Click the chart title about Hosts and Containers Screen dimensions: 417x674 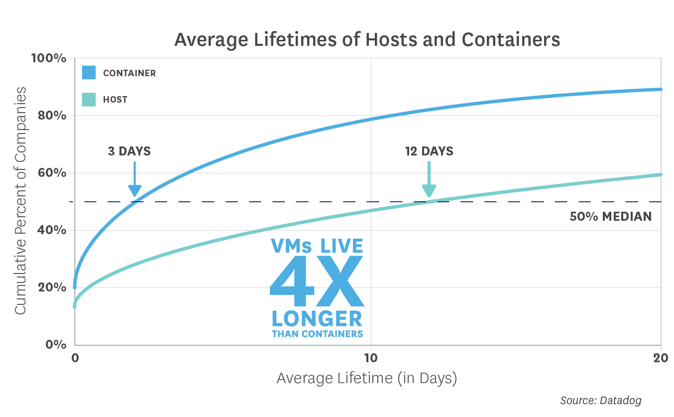[367, 39]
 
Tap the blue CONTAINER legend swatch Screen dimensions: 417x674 [89, 73]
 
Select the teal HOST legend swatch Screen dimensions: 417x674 [89, 99]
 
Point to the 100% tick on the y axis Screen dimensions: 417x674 [49, 58]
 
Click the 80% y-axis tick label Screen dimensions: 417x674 [52, 116]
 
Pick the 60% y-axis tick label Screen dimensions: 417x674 [52, 173]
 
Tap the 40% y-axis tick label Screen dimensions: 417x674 [52, 230]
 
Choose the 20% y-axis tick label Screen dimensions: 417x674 [52, 287]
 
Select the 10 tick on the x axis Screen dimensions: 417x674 [370, 358]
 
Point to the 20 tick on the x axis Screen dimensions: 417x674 [660, 358]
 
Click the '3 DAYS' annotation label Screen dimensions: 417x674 [129, 151]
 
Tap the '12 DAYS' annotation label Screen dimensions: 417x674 [429, 151]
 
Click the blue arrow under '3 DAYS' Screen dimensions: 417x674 [134, 179]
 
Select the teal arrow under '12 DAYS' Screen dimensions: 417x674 [429, 179]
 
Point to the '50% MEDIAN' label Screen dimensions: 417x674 [610, 217]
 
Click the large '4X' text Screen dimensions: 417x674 [317, 281]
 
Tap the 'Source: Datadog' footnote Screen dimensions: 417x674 [600, 400]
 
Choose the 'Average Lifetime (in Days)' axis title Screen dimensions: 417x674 [366, 378]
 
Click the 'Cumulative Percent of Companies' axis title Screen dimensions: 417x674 [20, 200]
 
